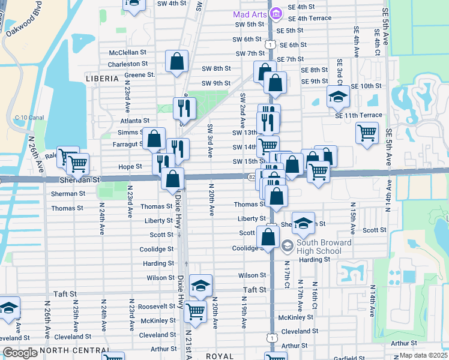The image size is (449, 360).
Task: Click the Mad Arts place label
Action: point(249,13)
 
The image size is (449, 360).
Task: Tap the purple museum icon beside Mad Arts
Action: point(276,13)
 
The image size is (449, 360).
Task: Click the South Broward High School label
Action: point(319,247)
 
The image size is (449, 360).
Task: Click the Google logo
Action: point(20,353)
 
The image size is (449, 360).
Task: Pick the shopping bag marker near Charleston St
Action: point(177,61)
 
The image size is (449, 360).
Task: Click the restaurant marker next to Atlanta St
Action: point(184,108)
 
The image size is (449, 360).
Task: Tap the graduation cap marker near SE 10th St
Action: point(338,95)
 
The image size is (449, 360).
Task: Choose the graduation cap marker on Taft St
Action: point(200,285)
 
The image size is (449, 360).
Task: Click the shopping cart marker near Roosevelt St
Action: point(195,311)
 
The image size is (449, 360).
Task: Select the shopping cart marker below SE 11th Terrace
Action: point(367,132)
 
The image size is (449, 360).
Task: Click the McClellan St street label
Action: point(128,52)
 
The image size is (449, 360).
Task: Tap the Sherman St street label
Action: point(68,194)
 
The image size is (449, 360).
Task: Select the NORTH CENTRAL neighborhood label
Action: point(74,350)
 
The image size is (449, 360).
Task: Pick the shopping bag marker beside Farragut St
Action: point(154,139)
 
